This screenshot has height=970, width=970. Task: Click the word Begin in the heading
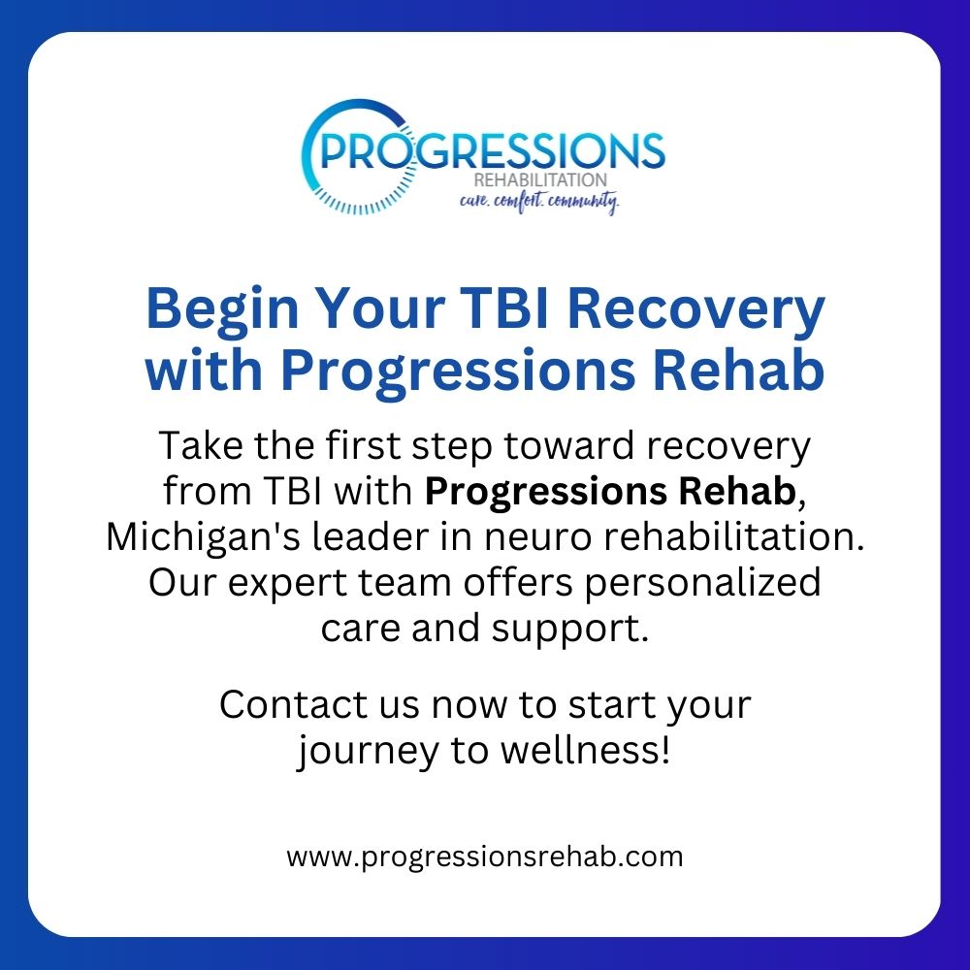pos(222,309)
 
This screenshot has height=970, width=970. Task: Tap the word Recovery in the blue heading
pos(695,310)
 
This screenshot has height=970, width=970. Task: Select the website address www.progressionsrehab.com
pos(484,857)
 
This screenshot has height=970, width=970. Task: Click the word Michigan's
pos(203,537)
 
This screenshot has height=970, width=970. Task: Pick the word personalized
pos(702,584)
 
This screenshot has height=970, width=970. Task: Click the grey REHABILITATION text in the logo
pos(540,180)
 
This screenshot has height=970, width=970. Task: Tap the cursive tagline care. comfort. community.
pos(538,201)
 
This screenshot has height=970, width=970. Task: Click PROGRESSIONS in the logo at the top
pos(493,151)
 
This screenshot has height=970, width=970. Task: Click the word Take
pos(201,445)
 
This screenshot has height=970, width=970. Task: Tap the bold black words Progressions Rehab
pos(610,491)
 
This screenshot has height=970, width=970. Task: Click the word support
pos(569,630)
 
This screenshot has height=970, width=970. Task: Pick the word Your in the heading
pos(380,309)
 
